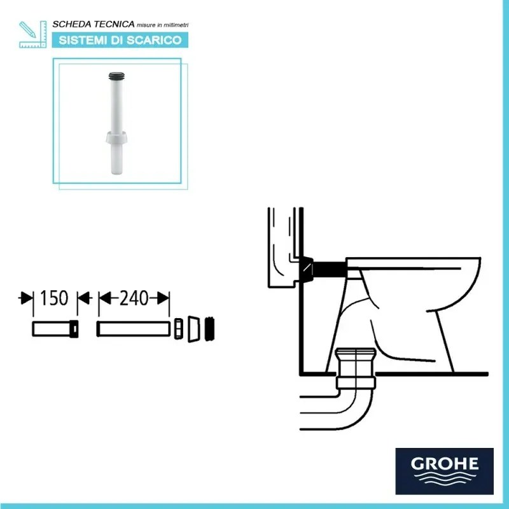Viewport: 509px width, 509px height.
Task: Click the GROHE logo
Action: coord(445,470)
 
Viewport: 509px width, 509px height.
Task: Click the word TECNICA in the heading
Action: coord(112,24)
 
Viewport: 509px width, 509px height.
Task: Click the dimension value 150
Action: coord(55,298)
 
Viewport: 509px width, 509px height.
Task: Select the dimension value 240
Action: coord(133,298)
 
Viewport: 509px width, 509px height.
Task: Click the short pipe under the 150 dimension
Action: coord(55,329)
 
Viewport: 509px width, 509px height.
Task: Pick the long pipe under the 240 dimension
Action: coord(134,329)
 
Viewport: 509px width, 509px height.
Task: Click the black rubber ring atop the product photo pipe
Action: coord(116,76)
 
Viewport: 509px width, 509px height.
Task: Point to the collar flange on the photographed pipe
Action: coord(116,138)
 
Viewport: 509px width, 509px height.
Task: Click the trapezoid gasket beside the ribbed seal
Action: coord(194,328)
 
